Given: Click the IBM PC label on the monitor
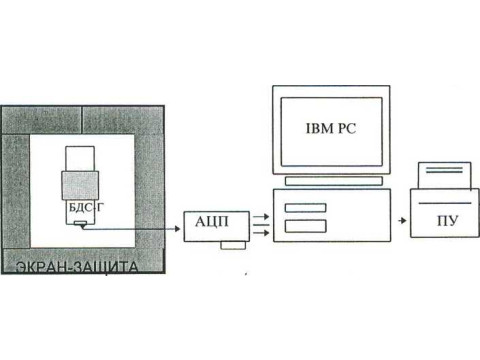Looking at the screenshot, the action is [331, 129].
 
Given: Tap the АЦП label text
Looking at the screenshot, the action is [212, 222].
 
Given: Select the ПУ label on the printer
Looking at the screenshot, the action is [448, 220].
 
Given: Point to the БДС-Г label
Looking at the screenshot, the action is [86, 207].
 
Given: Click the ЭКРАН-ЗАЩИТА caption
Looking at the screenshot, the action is [77, 267].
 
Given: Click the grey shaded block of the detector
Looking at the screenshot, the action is [80, 185].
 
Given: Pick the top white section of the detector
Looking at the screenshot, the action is [80, 159].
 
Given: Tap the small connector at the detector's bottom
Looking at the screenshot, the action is [80, 224].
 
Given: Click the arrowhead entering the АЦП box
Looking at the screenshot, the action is [177, 229].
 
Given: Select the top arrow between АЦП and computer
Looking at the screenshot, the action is [261, 217].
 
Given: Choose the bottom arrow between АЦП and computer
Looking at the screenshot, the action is [261, 232].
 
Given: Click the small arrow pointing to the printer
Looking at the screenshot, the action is [402, 220].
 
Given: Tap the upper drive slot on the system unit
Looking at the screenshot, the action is [305, 208].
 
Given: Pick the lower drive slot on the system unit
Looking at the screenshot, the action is [305, 226].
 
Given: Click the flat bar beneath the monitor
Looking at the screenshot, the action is [334, 181].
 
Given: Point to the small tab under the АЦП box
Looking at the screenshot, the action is [233, 245].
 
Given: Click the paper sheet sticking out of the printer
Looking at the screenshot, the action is [445, 176].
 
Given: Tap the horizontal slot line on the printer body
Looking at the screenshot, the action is [445, 203].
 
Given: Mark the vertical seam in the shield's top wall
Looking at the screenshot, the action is [82, 120].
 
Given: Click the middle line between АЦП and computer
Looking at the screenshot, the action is [261, 225].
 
